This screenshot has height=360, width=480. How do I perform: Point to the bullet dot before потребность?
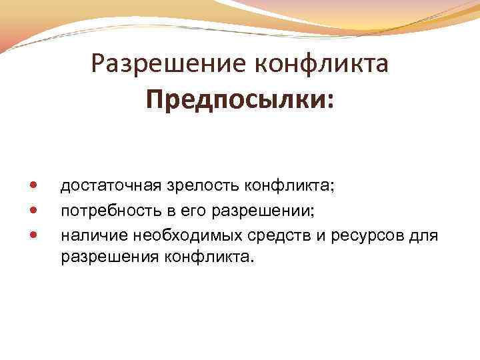point(34,209)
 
